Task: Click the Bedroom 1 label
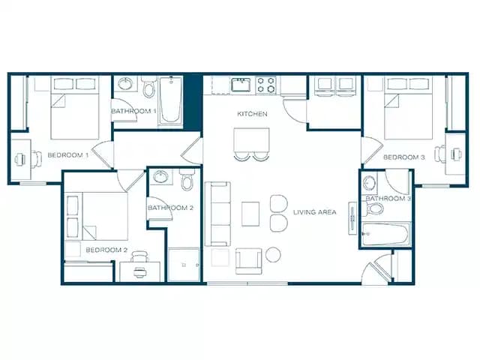pyautogui.click(x=68, y=155)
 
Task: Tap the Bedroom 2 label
pyautogui.click(x=106, y=250)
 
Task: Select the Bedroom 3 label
pyautogui.click(x=404, y=157)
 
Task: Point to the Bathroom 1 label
pyautogui.click(x=133, y=112)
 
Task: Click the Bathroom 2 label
pyautogui.click(x=171, y=208)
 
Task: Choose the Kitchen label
pyautogui.click(x=253, y=114)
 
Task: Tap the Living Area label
pyautogui.click(x=315, y=212)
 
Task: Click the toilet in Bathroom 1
pyautogui.click(x=148, y=90)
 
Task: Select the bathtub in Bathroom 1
pyautogui.click(x=171, y=101)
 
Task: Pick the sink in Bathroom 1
pyautogui.click(x=124, y=84)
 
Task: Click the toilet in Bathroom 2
pyautogui.click(x=187, y=181)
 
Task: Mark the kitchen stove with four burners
pyautogui.click(x=266, y=85)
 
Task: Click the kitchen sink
pyautogui.click(x=241, y=85)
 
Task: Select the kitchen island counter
pyautogui.click(x=252, y=139)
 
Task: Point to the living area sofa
pyautogui.click(x=218, y=214)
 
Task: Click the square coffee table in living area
pyautogui.click(x=250, y=214)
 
